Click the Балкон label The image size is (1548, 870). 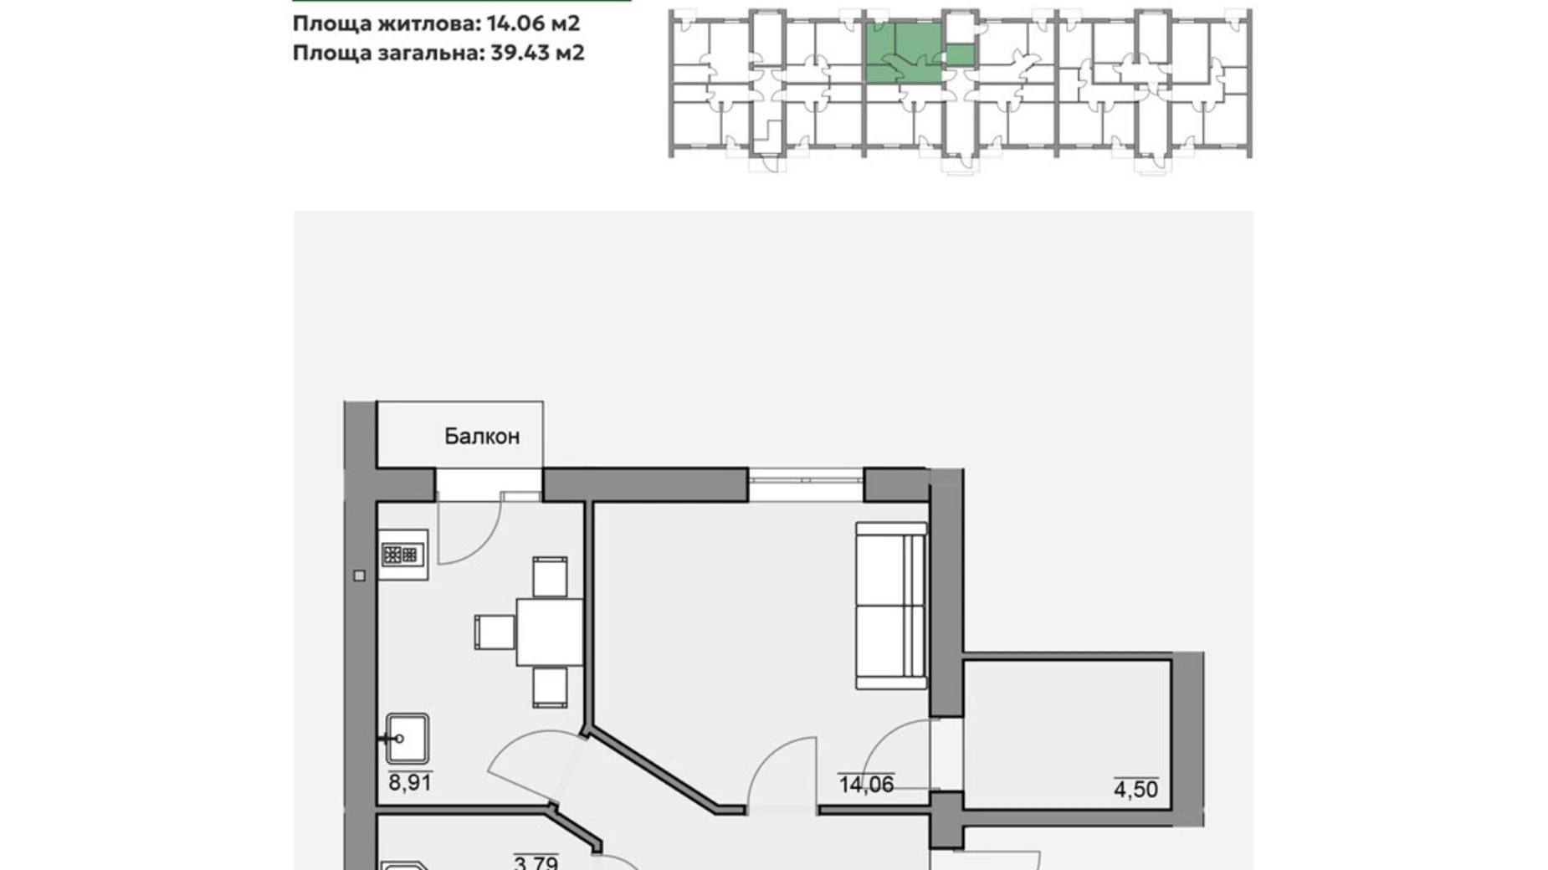pos(481,436)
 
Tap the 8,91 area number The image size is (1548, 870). pos(409,783)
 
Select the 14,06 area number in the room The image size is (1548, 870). pos(865,785)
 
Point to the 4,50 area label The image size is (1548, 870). pos(1135,789)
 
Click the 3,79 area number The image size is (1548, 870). pos(536,862)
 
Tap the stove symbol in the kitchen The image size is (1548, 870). pos(401,554)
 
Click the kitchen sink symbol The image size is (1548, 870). pos(408,738)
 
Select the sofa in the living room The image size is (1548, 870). pos(891,606)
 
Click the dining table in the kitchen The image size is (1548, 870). pos(549,632)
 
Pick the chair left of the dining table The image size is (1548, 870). pos(495,632)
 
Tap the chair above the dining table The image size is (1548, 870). pos(550,576)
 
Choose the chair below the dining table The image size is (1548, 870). pos(550,687)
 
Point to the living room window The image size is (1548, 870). pos(805,481)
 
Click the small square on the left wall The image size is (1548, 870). pos(359,576)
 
